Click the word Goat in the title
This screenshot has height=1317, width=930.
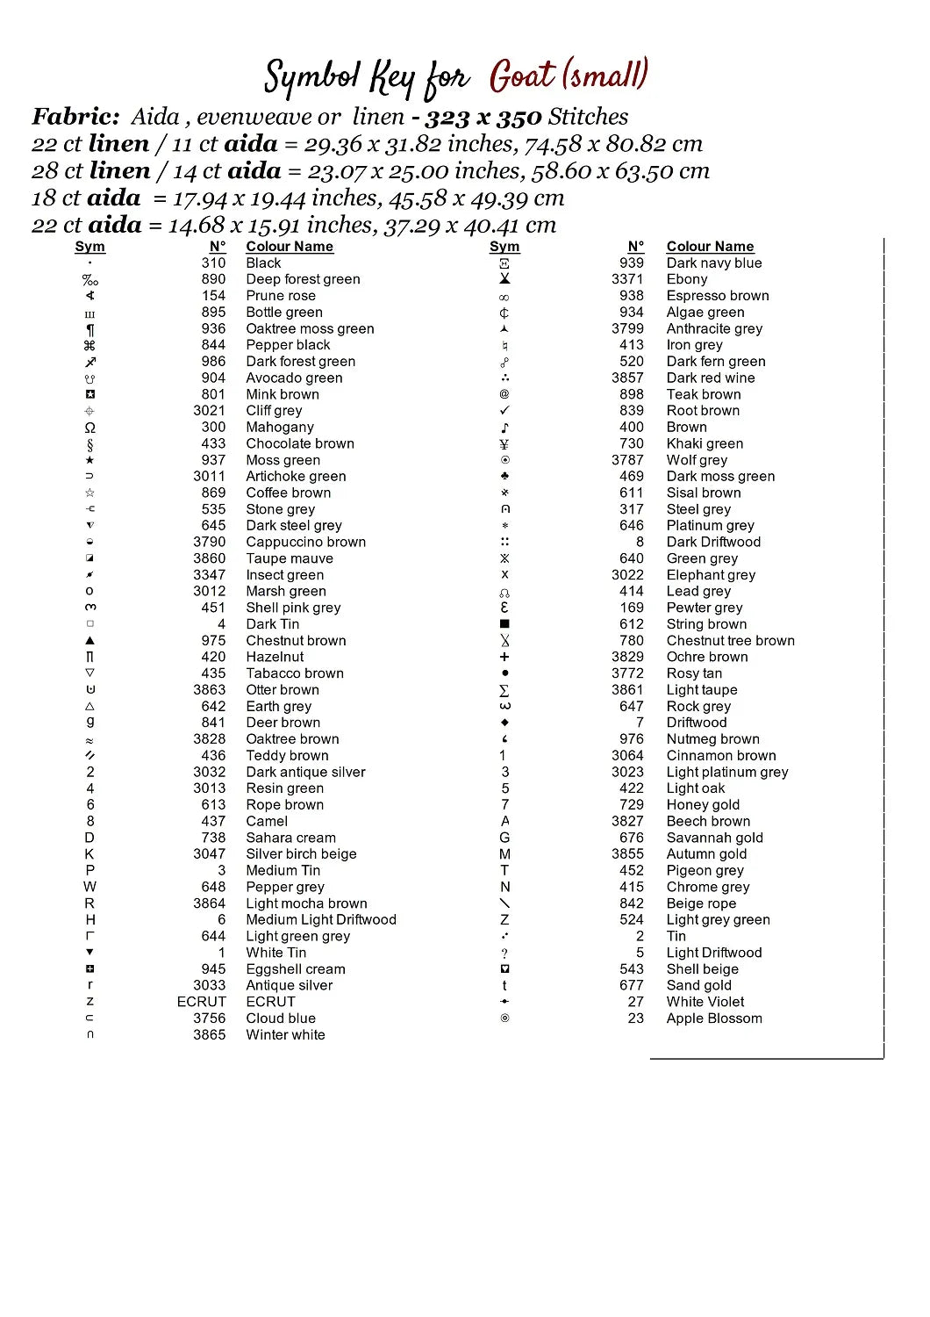pyautogui.click(x=523, y=76)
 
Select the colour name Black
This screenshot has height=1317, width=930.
pyautogui.click(x=263, y=263)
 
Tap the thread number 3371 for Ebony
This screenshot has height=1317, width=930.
pyautogui.click(x=627, y=279)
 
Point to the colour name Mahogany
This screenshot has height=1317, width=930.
pyautogui.click(x=280, y=427)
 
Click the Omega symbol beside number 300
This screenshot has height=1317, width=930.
pyautogui.click(x=90, y=428)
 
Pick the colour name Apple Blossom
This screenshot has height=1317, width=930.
pyautogui.click(x=714, y=1018)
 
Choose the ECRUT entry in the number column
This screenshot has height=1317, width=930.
pyautogui.click(x=201, y=1002)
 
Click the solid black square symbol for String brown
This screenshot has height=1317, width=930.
pyautogui.click(x=504, y=624)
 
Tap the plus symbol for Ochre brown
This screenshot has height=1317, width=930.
pyautogui.click(x=504, y=657)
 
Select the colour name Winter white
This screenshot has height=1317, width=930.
pyautogui.click(x=285, y=1035)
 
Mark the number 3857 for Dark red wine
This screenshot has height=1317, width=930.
pyautogui.click(x=627, y=378)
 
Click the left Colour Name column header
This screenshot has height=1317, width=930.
pyautogui.click(x=290, y=247)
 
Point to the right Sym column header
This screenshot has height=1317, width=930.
pyautogui.click(x=504, y=247)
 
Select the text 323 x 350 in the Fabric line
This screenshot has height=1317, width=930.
pyautogui.click(x=483, y=118)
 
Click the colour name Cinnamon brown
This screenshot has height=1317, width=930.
pyautogui.click(x=721, y=756)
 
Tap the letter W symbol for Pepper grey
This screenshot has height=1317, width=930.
pyautogui.click(x=90, y=887)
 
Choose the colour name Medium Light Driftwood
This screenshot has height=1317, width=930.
pyautogui.click(x=321, y=919)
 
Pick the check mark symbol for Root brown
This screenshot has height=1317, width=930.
pyautogui.click(x=504, y=410)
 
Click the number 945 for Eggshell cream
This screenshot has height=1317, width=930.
pyautogui.click(x=213, y=969)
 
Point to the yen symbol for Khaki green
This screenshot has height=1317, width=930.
pyautogui.click(x=504, y=443)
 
